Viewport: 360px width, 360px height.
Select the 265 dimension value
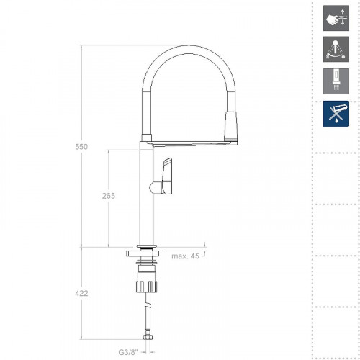click(109, 197)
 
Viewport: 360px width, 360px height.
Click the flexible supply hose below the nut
click(147, 310)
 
